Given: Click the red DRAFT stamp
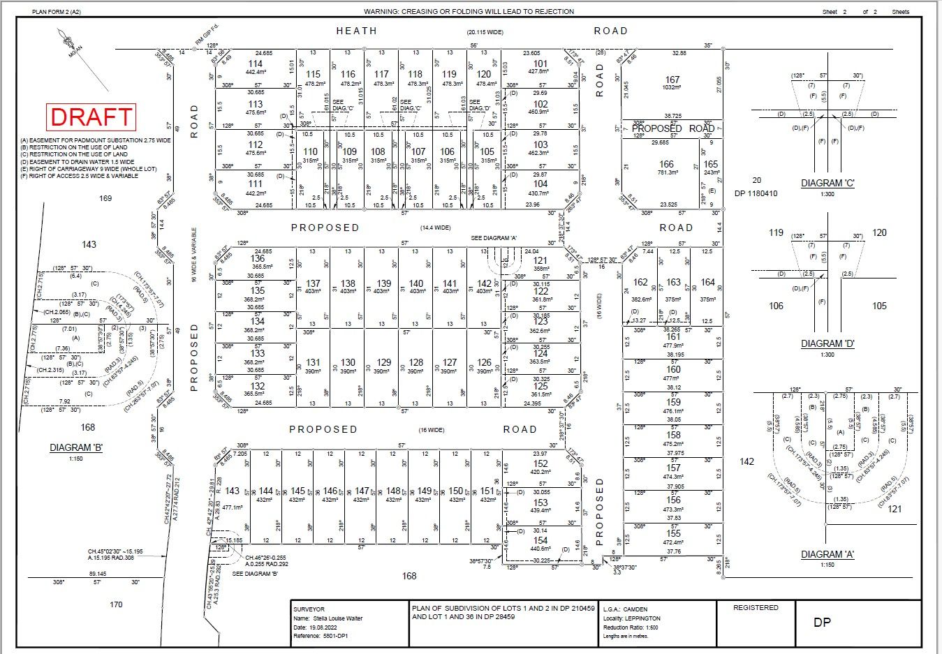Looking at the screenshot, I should coord(91,117).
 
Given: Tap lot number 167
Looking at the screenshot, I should coord(672,80).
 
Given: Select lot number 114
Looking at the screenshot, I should coord(256,64).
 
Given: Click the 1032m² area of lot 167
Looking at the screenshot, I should coord(672,88).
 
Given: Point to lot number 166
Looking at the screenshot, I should coord(667,165).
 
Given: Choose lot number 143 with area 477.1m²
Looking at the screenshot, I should coord(233,491).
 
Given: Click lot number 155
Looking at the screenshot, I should coord(673,533).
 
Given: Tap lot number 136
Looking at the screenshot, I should coord(258,258).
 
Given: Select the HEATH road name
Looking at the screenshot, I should coord(356,31).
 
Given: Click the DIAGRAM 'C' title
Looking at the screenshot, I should coord(827,184).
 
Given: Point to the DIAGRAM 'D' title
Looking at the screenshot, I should coord(827,343).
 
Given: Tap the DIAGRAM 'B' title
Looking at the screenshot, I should coord(76,447).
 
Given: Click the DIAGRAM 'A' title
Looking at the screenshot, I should coord(827,554).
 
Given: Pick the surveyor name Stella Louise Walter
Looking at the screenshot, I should coord(339,618).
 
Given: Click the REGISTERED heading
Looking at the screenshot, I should coord(756,608).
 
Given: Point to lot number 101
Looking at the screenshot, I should coord(540,64).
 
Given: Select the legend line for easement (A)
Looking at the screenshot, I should coord(96,140).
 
